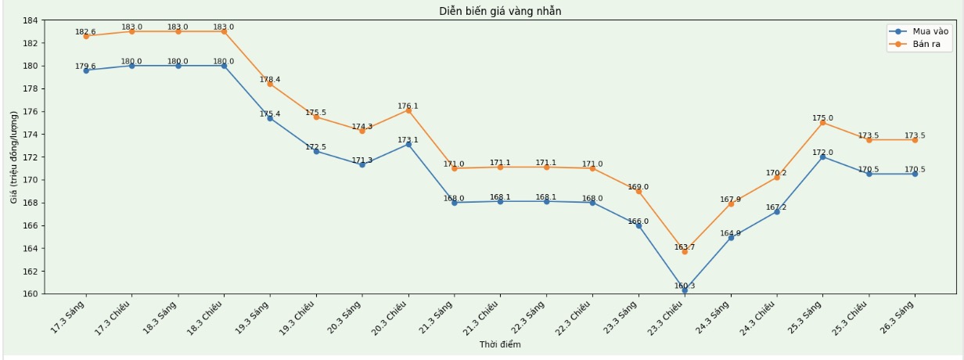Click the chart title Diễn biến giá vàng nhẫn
[x=500, y=11]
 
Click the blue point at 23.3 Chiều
[x=685, y=290]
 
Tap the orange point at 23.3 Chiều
[x=685, y=251]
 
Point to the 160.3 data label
[x=685, y=286]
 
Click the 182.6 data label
[x=85, y=32]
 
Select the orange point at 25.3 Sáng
[x=822, y=122]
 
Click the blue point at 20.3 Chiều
[x=408, y=144]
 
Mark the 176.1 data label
[x=408, y=106]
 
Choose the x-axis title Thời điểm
[x=500, y=344]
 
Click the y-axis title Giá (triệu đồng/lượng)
[x=14, y=157]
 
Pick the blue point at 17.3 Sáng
[x=86, y=70]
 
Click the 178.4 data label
[x=270, y=79]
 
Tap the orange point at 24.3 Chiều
[x=776, y=178]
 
